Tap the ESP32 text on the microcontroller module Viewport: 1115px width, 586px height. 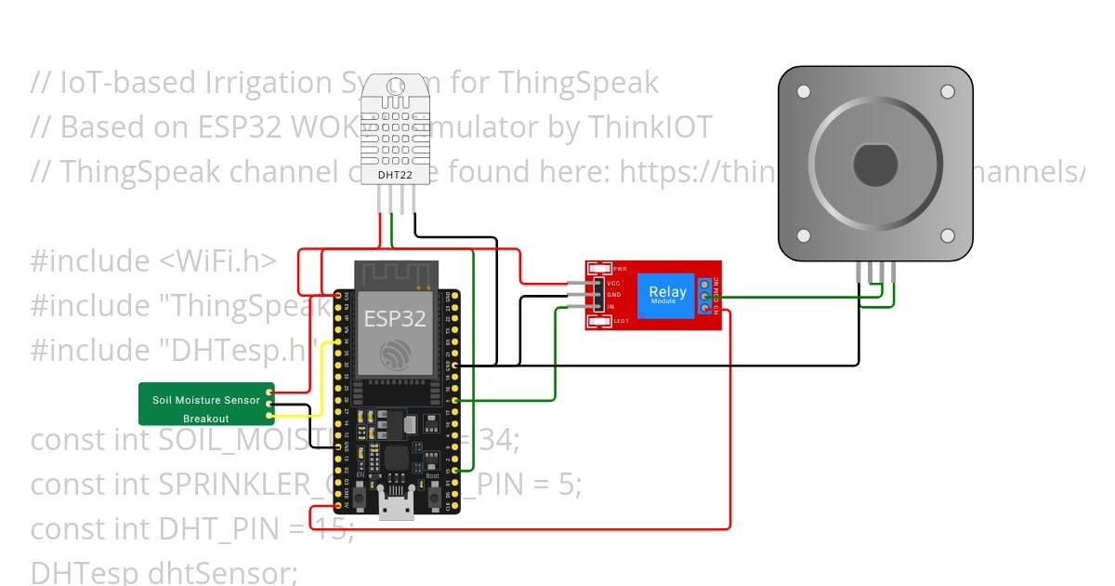tap(395, 319)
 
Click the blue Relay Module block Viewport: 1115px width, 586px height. tap(667, 295)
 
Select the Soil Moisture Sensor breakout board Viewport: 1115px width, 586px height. tap(206, 404)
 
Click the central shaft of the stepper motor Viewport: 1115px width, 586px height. tap(874, 166)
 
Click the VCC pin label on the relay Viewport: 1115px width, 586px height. tap(613, 283)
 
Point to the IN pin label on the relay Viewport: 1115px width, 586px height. tap(610, 306)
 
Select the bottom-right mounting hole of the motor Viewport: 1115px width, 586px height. tap(947, 235)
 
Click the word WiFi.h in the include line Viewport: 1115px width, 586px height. tap(216, 261)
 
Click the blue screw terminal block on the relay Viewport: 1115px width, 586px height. tap(705, 295)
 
